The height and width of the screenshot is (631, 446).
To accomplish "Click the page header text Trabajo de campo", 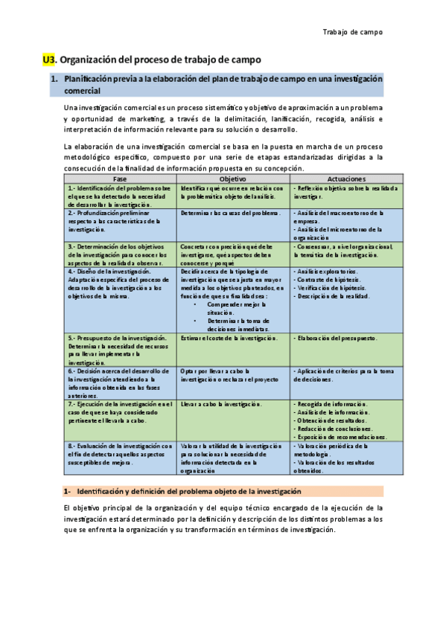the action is (x=352, y=32).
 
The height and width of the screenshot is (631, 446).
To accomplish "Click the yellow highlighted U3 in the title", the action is (x=49, y=59).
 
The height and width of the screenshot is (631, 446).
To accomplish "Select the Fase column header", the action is (x=120, y=179).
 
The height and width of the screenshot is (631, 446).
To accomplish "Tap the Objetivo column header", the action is (x=233, y=179).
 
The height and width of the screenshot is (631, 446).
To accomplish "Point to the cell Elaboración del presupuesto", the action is (x=336, y=338).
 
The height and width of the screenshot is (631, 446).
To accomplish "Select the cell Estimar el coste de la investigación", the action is (x=229, y=338).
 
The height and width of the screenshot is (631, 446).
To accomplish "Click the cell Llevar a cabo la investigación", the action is (x=221, y=404).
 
